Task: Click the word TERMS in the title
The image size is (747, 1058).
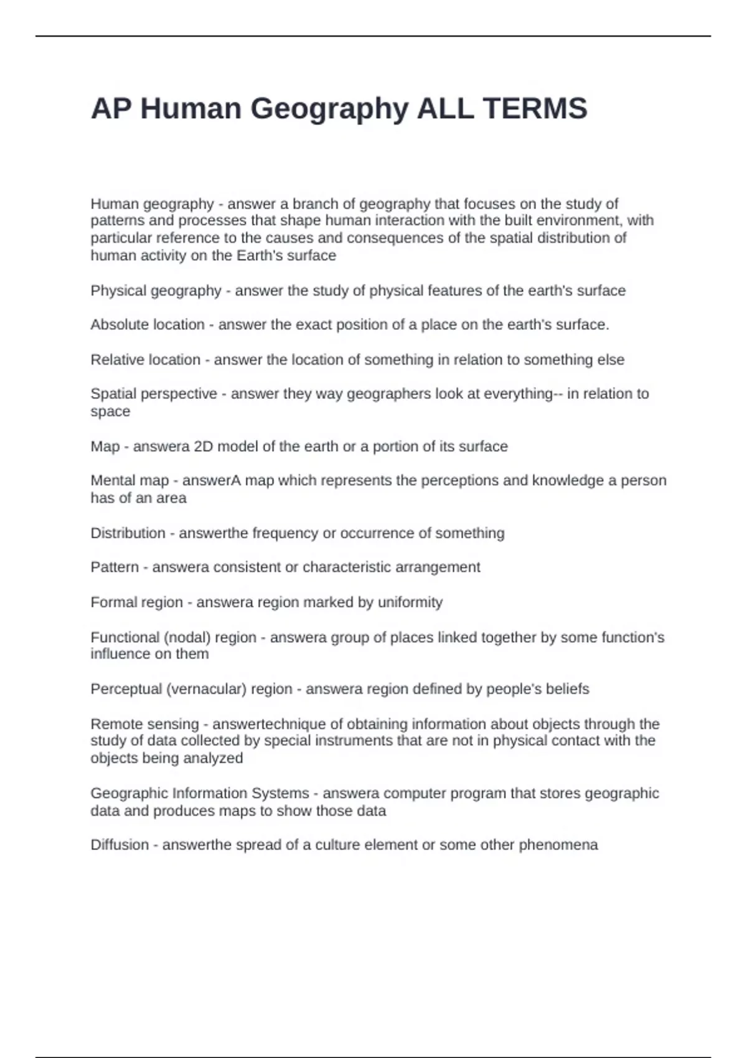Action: pos(535,108)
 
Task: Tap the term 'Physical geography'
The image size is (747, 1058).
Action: pos(156,291)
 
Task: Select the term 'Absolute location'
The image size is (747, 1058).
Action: pos(148,325)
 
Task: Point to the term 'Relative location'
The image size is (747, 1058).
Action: pos(145,360)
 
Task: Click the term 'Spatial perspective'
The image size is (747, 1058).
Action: pos(154,394)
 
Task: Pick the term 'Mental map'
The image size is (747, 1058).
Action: pos(129,480)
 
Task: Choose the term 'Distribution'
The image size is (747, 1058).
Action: pos(128,533)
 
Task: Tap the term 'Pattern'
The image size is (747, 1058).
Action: pos(115,568)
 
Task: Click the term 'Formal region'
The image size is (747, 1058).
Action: pos(136,602)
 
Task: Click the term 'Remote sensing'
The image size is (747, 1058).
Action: pos(144,724)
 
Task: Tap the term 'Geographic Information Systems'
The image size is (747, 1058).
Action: pos(199,793)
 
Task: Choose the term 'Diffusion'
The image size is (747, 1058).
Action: pos(120,845)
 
